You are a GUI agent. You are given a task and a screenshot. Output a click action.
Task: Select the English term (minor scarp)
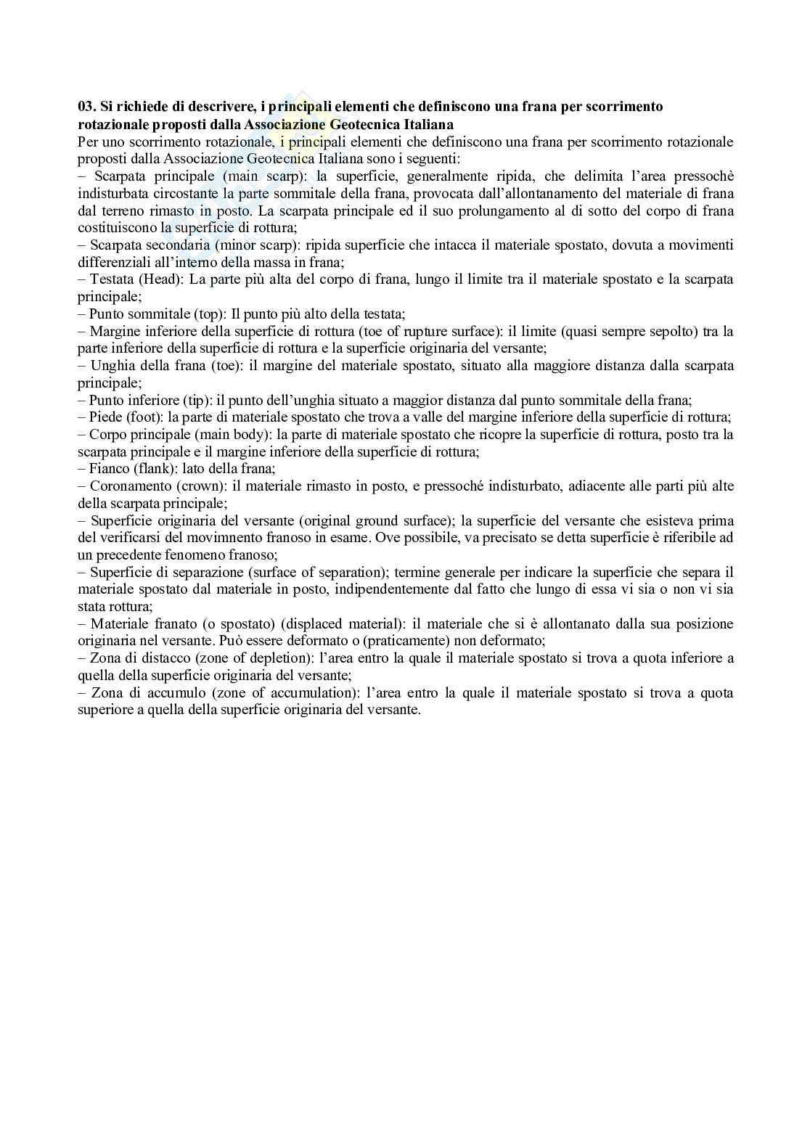point(259,245)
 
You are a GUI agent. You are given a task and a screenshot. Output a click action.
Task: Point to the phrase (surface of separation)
point(305,572)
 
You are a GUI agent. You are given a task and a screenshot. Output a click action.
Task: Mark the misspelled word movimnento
point(232,538)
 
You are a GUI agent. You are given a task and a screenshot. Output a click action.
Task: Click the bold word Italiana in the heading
point(427,124)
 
